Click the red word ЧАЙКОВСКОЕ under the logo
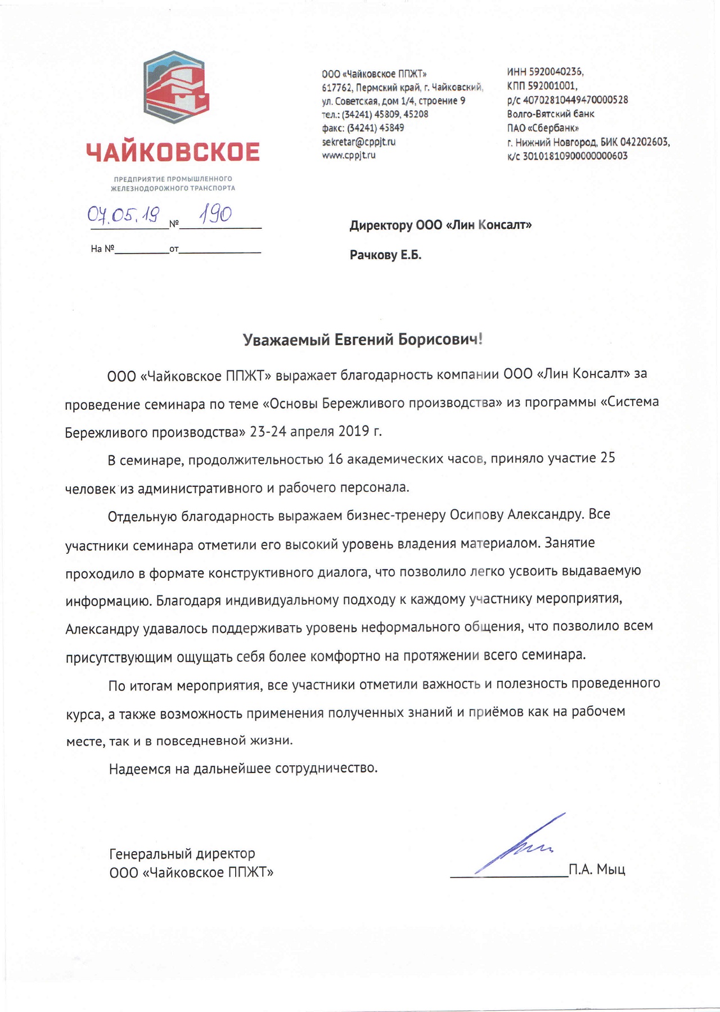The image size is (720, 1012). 173,152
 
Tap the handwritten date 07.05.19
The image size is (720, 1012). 123,214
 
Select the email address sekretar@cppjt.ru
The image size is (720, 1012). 358,142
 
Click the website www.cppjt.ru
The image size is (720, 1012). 348,155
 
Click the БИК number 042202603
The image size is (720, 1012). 644,142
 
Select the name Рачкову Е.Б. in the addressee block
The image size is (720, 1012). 385,255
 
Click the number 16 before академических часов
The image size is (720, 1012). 335,459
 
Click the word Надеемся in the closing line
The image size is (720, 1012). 139,768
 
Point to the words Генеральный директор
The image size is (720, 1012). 182,854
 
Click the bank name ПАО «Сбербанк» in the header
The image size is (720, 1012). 543,128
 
